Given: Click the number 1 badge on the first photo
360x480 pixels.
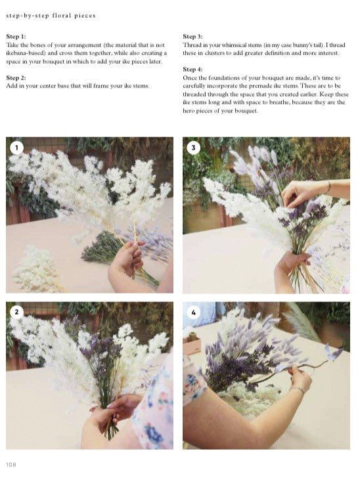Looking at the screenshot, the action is click(16, 148).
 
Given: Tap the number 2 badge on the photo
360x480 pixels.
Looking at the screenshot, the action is click(16, 312).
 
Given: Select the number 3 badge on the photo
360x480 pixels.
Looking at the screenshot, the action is click(193, 148).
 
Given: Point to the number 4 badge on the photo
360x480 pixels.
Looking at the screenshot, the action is click(193, 313).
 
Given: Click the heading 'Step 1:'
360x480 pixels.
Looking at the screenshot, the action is click(16, 37).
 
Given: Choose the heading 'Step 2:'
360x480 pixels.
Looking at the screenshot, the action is click(16, 77).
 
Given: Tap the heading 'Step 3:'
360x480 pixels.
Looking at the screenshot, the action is click(192, 37).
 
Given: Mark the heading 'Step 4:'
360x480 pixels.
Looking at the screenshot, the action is click(192, 70).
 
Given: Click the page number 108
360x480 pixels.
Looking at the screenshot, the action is click(11, 464).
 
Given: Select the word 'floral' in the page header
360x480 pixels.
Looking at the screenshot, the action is click(61, 15).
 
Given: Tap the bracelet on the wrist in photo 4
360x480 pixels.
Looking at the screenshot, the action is click(297, 389).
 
